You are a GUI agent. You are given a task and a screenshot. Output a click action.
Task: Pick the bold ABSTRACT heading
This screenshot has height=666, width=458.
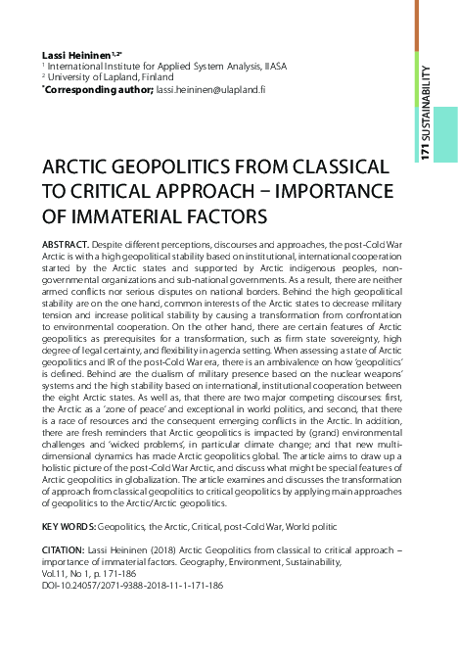click(x=69, y=240)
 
